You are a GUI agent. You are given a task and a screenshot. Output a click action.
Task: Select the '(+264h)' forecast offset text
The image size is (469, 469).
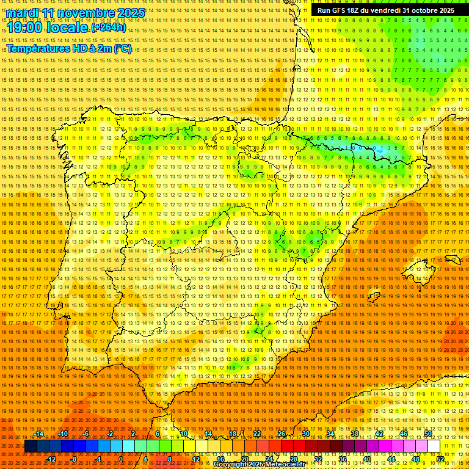click(109, 27)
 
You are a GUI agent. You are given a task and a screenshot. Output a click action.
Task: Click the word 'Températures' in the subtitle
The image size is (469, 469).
click(38, 49)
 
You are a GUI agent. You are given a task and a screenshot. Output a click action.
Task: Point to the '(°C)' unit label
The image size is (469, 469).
click(122, 49)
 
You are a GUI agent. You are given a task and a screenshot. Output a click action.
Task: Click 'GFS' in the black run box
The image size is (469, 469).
click(343, 10)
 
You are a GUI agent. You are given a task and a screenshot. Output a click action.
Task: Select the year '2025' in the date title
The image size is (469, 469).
click(130, 13)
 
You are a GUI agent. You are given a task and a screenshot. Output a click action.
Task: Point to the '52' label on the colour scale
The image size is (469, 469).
click(440, 459)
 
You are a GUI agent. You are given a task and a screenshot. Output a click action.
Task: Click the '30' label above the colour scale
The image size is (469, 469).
click(305, 434)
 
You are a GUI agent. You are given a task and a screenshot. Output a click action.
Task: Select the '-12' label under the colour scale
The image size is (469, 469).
click(51, 459)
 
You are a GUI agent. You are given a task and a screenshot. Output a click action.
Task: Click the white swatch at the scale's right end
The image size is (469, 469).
click(434, 446)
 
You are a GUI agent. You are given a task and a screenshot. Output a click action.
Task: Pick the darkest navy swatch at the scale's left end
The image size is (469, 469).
click(30, 446)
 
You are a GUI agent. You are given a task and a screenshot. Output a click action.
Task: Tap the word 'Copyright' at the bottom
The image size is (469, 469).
click(230, 465)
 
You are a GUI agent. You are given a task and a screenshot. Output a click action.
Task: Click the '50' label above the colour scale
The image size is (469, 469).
click(428, 434)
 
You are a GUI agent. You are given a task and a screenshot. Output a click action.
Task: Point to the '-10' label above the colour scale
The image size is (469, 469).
click(63, 434)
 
